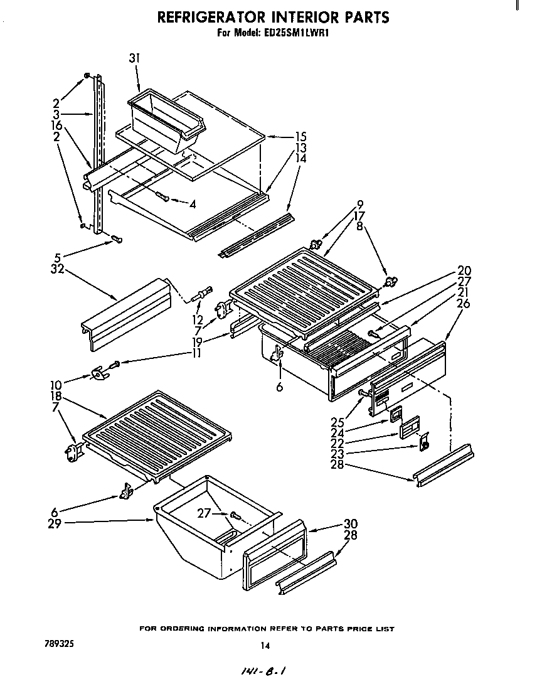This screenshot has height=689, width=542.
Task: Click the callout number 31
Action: tap(134, 58)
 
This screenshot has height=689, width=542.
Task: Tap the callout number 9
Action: tap(359, 203)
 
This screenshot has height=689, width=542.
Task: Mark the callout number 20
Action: tap(465, 271)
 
